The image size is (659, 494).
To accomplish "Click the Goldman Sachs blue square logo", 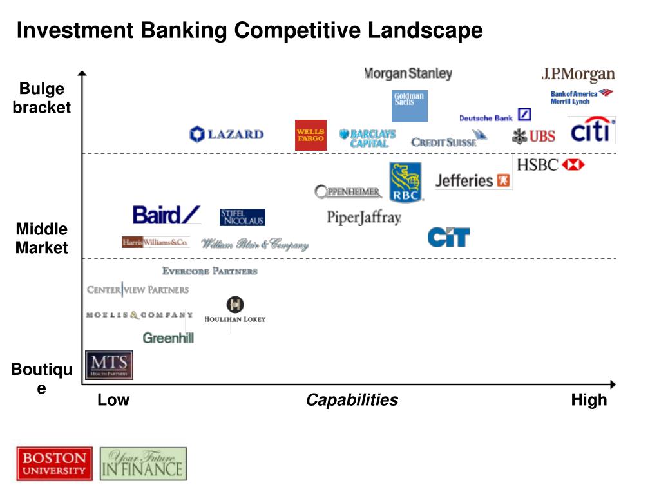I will point(410,106).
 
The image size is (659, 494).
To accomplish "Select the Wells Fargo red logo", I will point(310,135).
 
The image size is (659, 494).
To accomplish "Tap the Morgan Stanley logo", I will point(408,73).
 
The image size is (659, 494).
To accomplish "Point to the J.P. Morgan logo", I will point(578,75).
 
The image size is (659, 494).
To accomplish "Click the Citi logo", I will point(591,131).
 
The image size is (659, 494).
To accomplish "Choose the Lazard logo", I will point(226,135).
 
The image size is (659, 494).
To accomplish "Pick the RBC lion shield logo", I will point(405,182).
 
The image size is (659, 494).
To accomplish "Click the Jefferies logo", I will point(473,180).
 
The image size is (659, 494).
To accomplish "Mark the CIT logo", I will point(448,237).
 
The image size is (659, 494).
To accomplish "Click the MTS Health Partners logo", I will point(109,365).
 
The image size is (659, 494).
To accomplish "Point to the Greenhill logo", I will point(168,337).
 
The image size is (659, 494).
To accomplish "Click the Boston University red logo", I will point(55,464).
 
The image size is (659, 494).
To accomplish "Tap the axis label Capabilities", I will point(352,400).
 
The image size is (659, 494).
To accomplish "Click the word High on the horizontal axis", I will point(589,400).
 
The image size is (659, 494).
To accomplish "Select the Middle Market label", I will point(42,238).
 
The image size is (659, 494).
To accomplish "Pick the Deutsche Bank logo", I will point(494,117).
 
